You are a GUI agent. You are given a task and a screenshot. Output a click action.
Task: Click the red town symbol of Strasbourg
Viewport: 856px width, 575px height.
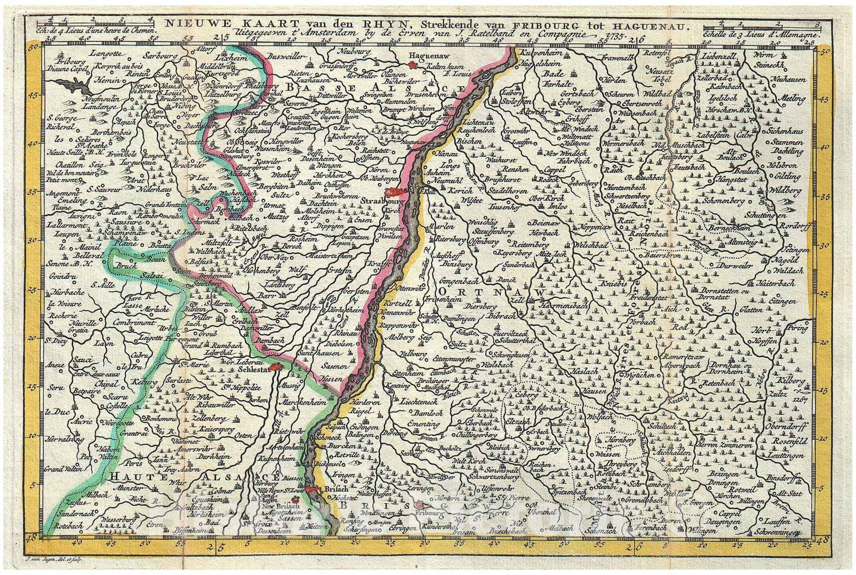point(397,192)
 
